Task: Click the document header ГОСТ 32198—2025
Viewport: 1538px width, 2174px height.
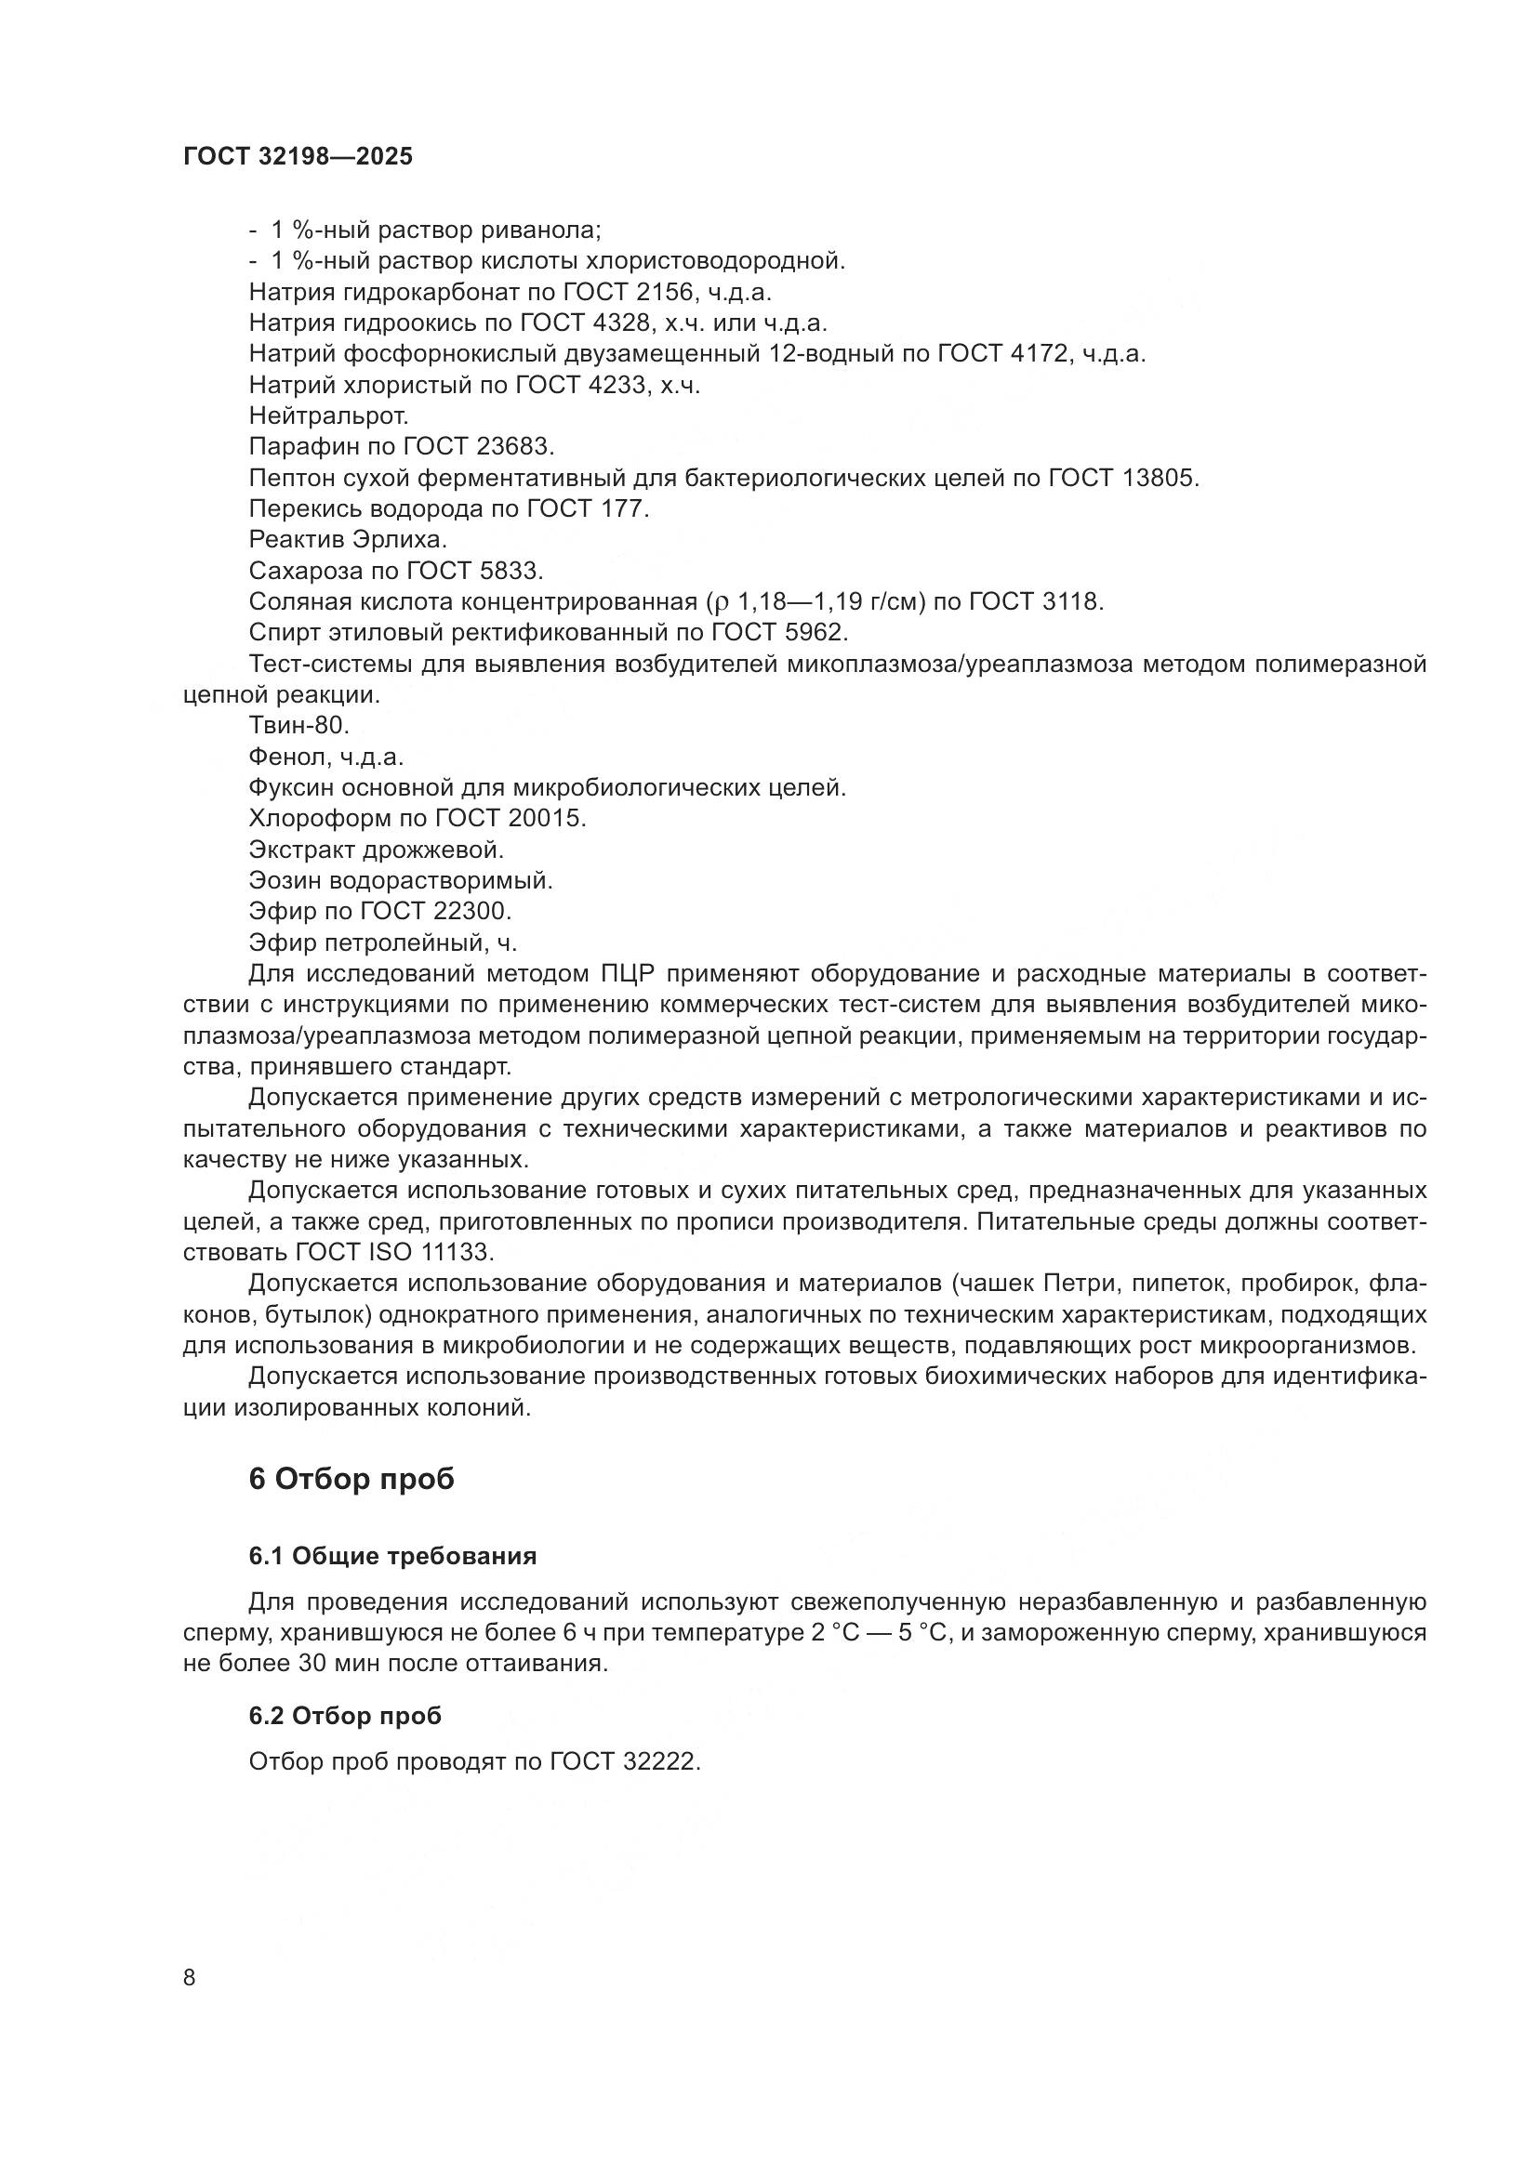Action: point(298,157)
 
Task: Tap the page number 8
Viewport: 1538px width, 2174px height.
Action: point(190,1977)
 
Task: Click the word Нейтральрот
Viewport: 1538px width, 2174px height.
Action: point(328,415)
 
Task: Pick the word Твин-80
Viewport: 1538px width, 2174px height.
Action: point(299,725)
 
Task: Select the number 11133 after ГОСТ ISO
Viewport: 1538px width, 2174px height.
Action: point(457,1252)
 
